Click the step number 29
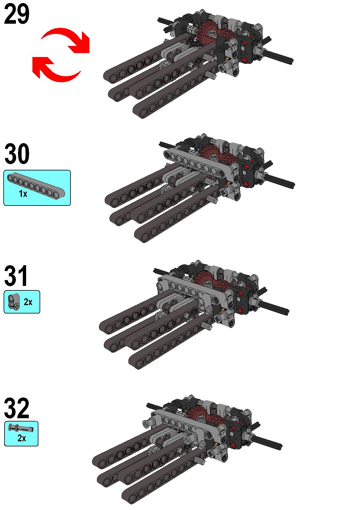click(16, 14)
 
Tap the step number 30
click(17, 154)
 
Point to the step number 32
click(16, 408)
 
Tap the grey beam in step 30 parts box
click(36, 185)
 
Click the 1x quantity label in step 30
click(23, 194)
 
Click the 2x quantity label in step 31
click(28, 302)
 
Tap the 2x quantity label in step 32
click(22, 438)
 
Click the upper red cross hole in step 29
click(245, 42)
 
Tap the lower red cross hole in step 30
click(245, 184)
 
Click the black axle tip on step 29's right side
click(291, 61)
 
